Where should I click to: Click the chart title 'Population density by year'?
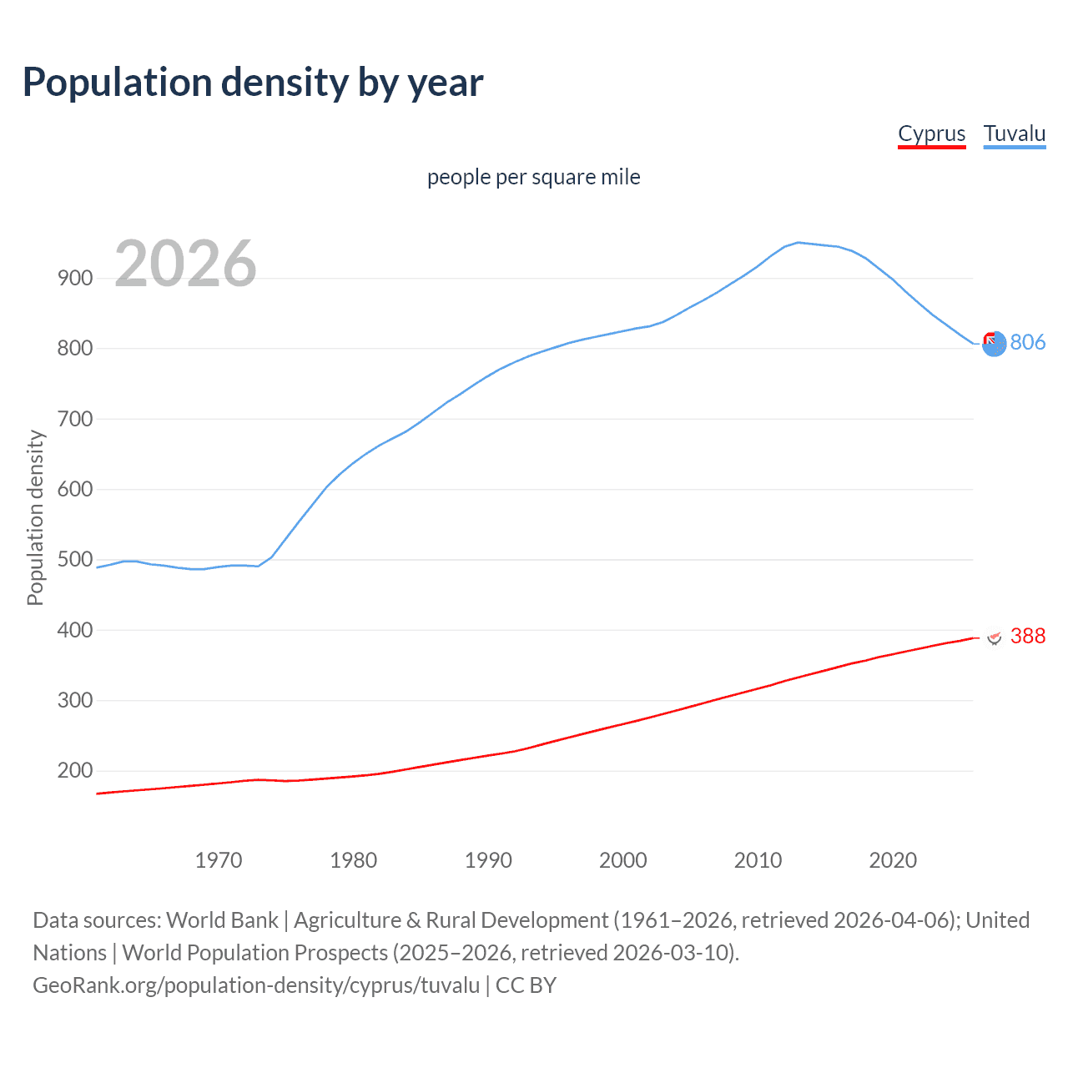coord(253,83)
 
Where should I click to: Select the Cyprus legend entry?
coord(931,134)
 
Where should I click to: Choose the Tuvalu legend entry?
coord(1014,134)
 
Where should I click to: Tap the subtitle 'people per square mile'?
coord(533,178)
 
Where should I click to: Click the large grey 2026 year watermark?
coord(185,264)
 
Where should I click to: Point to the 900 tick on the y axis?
coord(75,279)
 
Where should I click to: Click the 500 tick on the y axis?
coord(75,560)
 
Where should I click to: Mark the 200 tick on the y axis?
coord(75,771)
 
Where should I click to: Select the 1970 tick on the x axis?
coord(219,860)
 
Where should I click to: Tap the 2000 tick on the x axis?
coord(623,860)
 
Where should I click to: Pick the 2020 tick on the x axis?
coord(893,860)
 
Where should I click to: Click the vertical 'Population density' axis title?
coord(35,517)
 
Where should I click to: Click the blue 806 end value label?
coord(1027,343)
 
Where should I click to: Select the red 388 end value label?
coord(1027,637)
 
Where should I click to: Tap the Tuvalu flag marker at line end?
coord(994,343)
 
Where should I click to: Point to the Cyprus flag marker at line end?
coord(994,637)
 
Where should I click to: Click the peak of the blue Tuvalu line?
coord(798,243)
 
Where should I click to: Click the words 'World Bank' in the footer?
coord(222,920)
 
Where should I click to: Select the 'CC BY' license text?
coord(526,985)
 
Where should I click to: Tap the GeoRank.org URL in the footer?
coord(256,985)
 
